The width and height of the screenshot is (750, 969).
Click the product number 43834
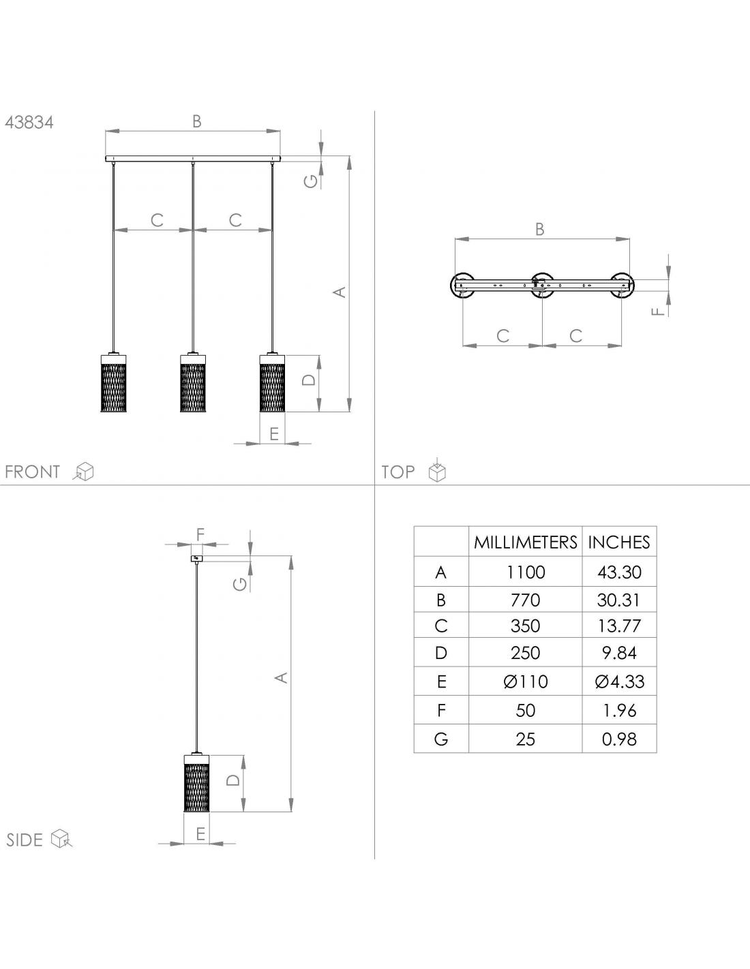(x=29, y=122)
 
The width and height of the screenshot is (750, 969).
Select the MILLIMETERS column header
(x=525, y=542)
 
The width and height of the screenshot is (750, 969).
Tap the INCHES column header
(x=619, y=542)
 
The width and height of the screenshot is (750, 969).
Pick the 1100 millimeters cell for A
(x=526, y=572)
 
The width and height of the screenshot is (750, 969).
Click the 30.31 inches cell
(x=619, y=600)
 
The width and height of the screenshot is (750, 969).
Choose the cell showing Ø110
(x=526, y=682)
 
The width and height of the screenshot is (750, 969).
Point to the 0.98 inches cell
(x=619, y=739)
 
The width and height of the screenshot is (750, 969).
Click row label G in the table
(x=441, y=739)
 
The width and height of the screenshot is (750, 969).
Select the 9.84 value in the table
(x=619, y=653)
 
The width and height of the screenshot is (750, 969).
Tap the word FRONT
(x=32, y=472)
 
